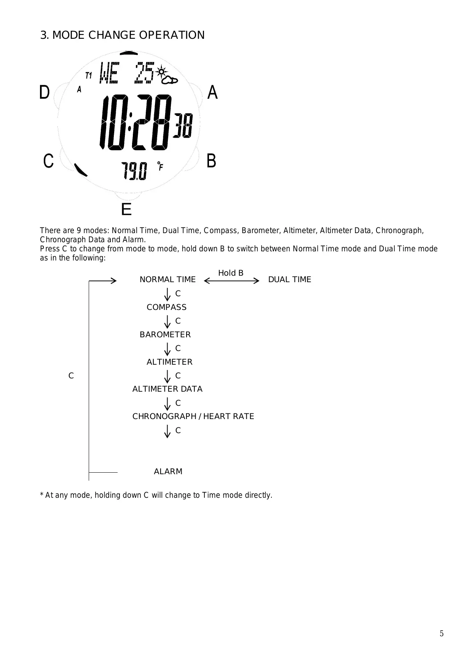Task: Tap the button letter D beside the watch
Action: tap(45, 92)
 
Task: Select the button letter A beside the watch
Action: tap(212, 92)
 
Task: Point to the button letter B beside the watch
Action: tap(211, 161)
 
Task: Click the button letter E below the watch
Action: tap(126, 210)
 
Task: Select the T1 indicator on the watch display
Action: tap(89, 75)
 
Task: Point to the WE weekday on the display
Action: tap(109, 73)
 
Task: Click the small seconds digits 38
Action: tap(183, 125)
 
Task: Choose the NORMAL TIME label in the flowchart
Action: tap(167, 280)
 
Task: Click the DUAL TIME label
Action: tap(290, 280)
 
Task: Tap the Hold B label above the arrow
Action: tap(231, 273)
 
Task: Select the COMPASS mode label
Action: tap(167, 307)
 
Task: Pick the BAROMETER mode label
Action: tap(165, 335)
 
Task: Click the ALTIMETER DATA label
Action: tap(167, 389)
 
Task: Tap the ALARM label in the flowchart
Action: tap(168, 472)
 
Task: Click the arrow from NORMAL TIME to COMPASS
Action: tap(167, 294)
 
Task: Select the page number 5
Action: tap(442, 634)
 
